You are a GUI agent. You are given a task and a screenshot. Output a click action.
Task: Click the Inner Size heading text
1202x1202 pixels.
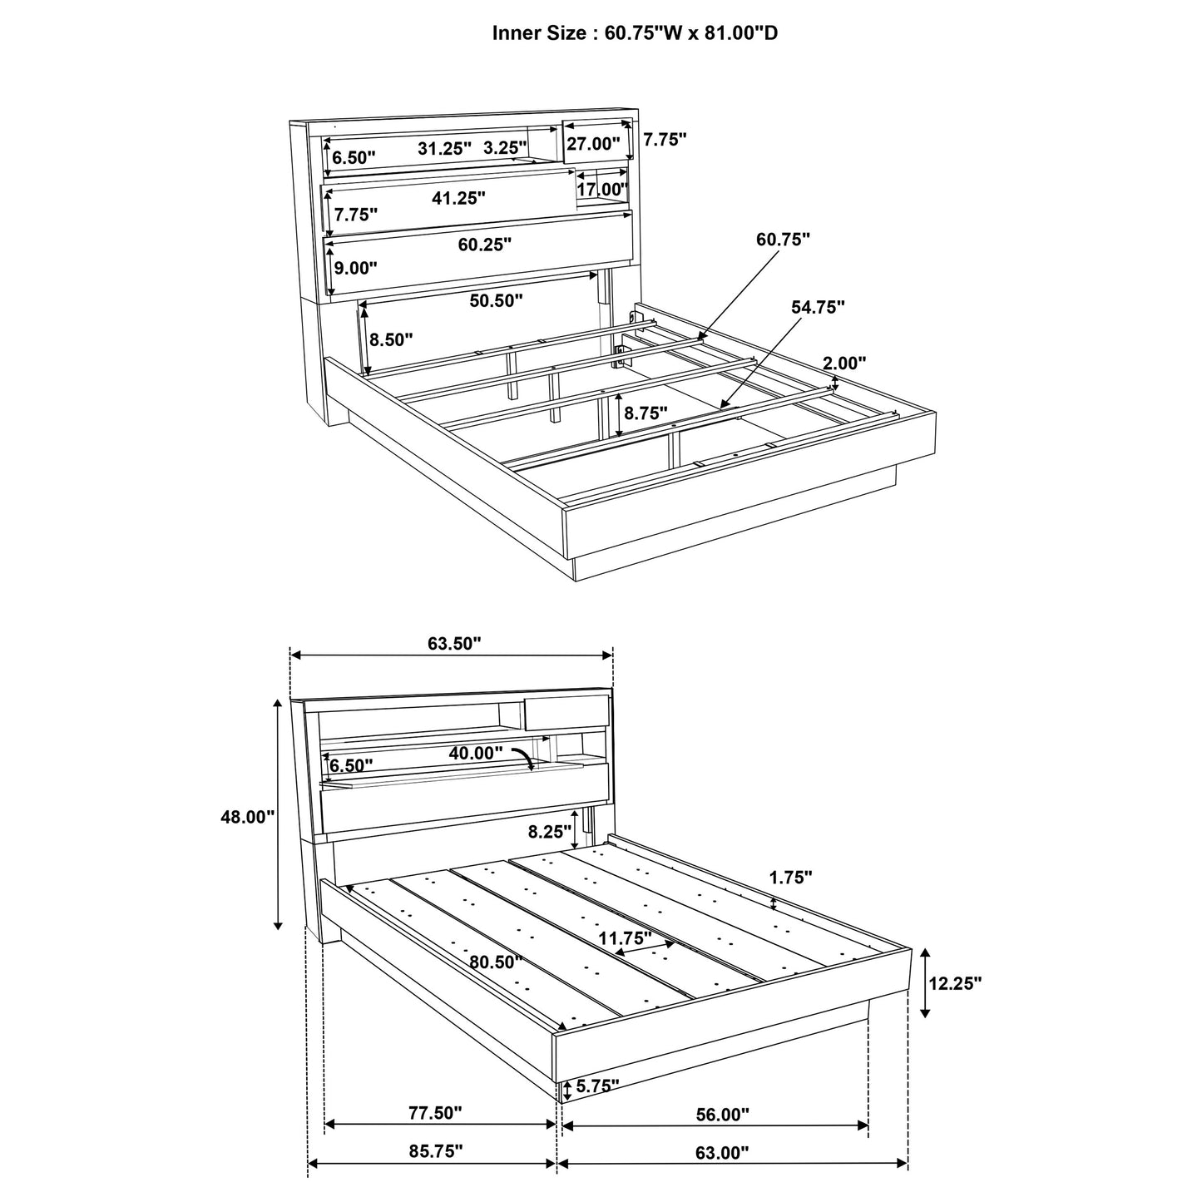[x=636, y=33]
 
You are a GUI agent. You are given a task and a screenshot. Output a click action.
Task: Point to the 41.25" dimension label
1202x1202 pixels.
[x=458, y=198]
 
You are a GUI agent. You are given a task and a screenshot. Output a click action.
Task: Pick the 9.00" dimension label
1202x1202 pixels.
[x=355, y=268]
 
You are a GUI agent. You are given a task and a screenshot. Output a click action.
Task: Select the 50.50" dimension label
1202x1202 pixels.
[x=496, y=300]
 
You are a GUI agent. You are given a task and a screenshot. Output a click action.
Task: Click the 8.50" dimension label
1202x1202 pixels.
[x=390, y=339]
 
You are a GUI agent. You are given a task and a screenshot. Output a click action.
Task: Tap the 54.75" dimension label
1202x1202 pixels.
[x=818, y=307]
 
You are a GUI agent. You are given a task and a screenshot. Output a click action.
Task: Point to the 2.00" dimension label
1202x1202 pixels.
[x=844, y=363]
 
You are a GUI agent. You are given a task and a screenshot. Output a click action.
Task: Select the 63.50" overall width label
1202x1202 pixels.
[x=455, y=643]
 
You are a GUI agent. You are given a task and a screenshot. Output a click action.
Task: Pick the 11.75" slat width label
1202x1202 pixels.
[x=626, y=938]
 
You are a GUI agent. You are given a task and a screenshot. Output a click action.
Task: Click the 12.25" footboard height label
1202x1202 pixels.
[x=955, y=982]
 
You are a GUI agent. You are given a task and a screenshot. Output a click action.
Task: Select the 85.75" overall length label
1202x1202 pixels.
[x=436, y=1151]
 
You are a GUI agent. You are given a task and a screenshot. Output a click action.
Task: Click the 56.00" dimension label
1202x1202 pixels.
[x=722, y=1114]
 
